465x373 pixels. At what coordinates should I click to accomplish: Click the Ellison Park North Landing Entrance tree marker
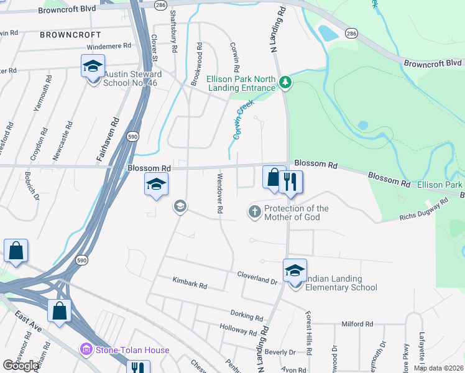pyautogui.click(x=285, y=81)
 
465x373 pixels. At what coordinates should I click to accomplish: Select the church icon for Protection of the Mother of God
pyautogui.click(x=254, y=213)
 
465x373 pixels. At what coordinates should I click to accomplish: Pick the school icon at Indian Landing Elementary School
pyautogui.click(x=295, y=270)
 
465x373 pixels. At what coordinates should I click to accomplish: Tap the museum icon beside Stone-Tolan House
pyautogui.click(x=86, y=350)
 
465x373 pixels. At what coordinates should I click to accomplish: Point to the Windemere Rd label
pyautogui.click(x=109, y=46)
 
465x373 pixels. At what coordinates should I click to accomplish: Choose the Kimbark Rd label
pyautogui.click(x=190, y=284)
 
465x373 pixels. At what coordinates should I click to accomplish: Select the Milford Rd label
pyautogui.click(x=357, y=324)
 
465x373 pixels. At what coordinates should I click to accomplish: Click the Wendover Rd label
pyautogui.click(x=219, y=194)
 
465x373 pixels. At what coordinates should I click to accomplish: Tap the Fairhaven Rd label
pyautogui.click(x=106, y=141)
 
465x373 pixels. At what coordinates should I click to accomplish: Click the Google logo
pyautogui.click(x=21, y=366)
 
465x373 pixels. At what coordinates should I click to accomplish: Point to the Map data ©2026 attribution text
pyautogui.click(x=438, y=368)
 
